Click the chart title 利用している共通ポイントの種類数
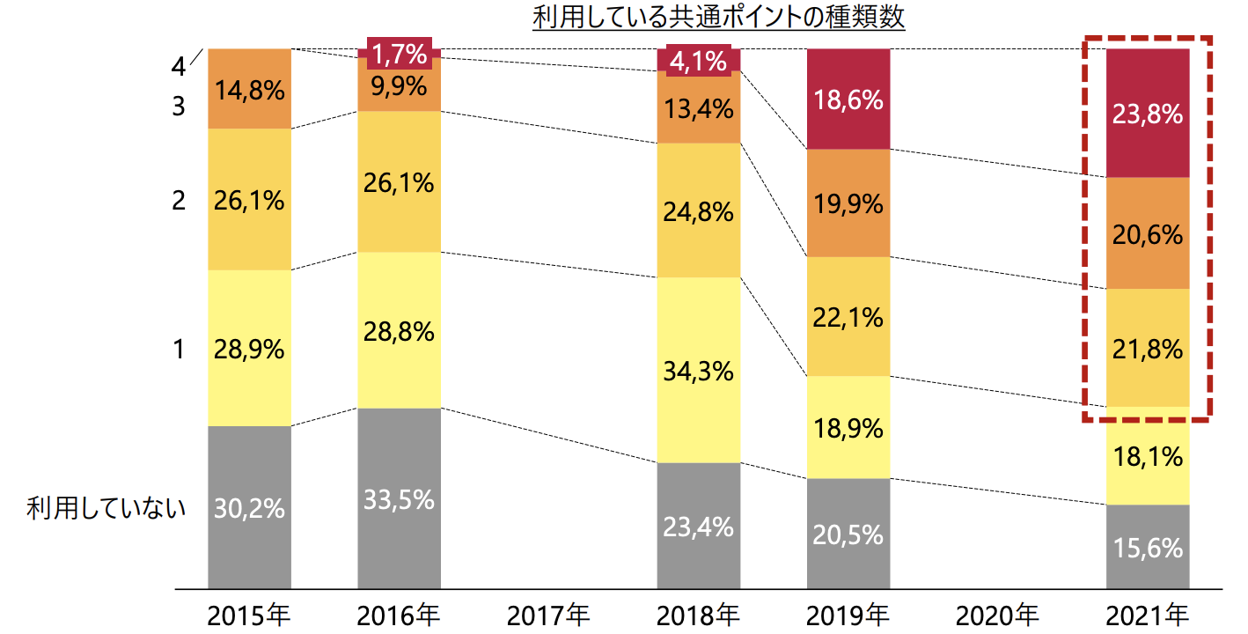[718, 18]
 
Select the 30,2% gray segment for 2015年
[249, 507]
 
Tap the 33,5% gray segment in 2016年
[399, 498]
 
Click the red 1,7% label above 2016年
[399, 55]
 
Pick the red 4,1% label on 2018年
[698, 62]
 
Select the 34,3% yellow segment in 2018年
[698, 371]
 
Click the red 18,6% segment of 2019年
[848, 100]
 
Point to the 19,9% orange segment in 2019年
[848, 203]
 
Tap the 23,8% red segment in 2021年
[1148, 114]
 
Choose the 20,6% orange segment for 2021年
[1148, 233]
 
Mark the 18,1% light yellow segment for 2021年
[1148, 456]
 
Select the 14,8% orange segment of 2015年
[249, 89]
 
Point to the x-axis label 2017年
[548, 613]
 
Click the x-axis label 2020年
[997, 613]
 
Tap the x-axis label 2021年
[1148, 613]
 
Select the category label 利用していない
[106, 508]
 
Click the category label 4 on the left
[180, 67]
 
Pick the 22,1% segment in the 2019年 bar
[848, 317]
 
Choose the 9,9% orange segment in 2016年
[399, 86]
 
